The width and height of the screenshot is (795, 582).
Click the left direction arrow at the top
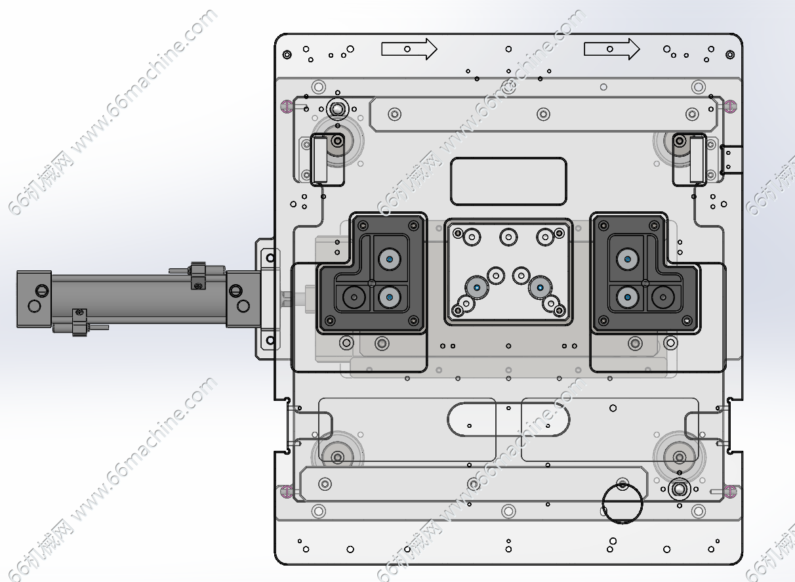click(409, 49)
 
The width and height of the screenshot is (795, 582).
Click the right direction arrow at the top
click(611, 49)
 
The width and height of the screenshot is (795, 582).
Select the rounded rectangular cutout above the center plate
click(508, 181)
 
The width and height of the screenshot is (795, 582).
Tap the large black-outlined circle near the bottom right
click(622, 503)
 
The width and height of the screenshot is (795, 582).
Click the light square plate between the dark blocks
click(508, 271)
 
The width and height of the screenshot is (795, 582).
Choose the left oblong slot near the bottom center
click(471, 418)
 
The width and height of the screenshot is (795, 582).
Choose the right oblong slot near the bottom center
click(546, 419)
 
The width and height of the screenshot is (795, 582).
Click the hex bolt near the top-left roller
click(337, 108)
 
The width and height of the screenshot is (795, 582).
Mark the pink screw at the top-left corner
click(285, 105)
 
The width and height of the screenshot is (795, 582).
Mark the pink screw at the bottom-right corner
click(733, 489)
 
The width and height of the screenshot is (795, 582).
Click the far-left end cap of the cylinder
click(34, 299)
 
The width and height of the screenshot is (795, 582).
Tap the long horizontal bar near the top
click(543, 114)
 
